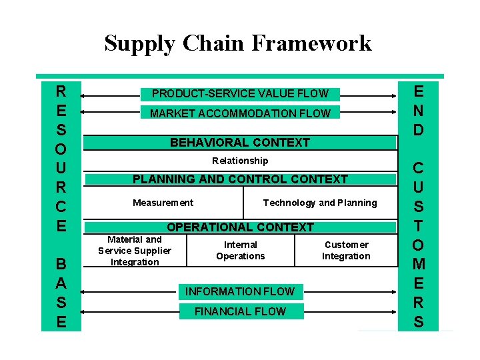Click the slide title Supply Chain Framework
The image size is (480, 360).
pos(238,43)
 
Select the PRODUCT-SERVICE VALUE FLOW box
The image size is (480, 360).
pos(240,94)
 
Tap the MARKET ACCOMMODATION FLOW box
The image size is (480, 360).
pos(240,113)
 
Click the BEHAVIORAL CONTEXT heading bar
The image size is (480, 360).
pos(240,143)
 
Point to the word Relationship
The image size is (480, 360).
pos(240,161)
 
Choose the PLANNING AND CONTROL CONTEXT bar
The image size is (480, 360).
pos(240,179)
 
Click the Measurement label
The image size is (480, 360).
pos(163,203)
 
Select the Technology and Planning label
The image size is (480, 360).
pos(320,203)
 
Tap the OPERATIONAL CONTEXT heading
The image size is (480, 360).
pos(240,227)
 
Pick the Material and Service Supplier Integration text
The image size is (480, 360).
pos(135,251)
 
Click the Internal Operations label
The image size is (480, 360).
pos(241,251)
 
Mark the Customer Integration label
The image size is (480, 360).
pos(346,251)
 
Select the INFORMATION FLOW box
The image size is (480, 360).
pos(239,291)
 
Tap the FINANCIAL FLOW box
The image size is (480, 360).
pos(239,311)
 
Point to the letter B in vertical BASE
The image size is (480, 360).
pos(61,264)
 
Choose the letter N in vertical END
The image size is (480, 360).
pos(418,109)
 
